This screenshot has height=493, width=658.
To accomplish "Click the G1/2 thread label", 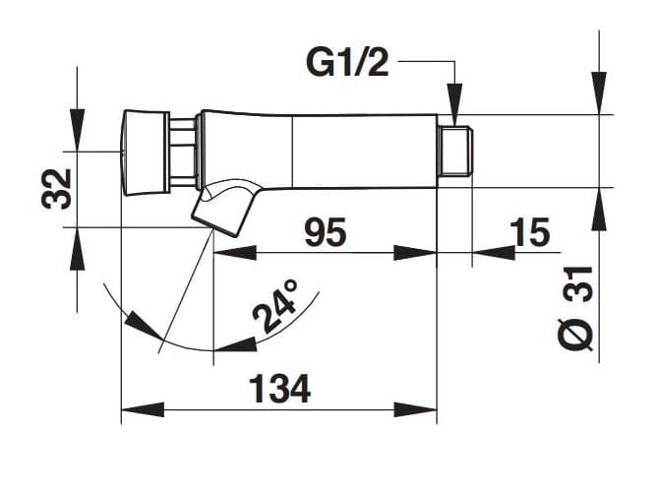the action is (347, 63).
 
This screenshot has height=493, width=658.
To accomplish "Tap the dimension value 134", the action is (280, 389).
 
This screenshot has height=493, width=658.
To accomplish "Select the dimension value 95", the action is (326, 232).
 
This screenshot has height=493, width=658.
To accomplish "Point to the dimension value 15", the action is (529, 232).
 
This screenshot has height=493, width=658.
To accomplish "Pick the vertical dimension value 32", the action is (56, 189).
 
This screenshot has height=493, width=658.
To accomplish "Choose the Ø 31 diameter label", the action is (577, 308).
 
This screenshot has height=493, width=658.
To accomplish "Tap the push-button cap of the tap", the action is (144, 153).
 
